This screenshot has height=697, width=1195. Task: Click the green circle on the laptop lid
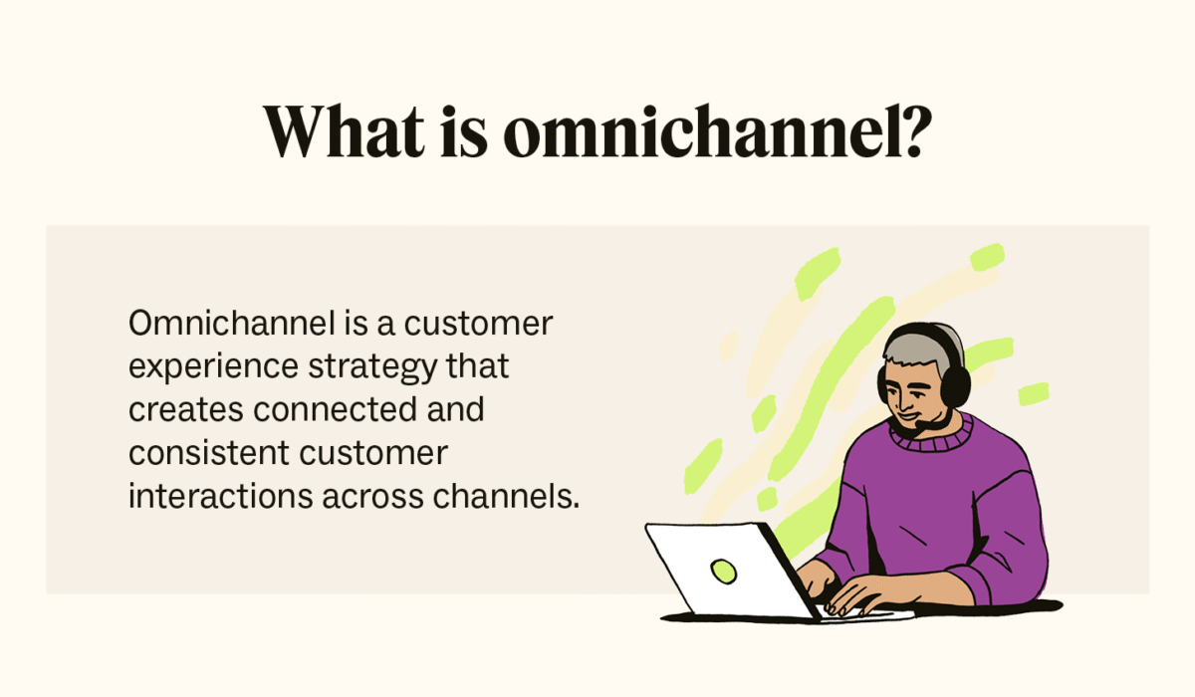723,571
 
